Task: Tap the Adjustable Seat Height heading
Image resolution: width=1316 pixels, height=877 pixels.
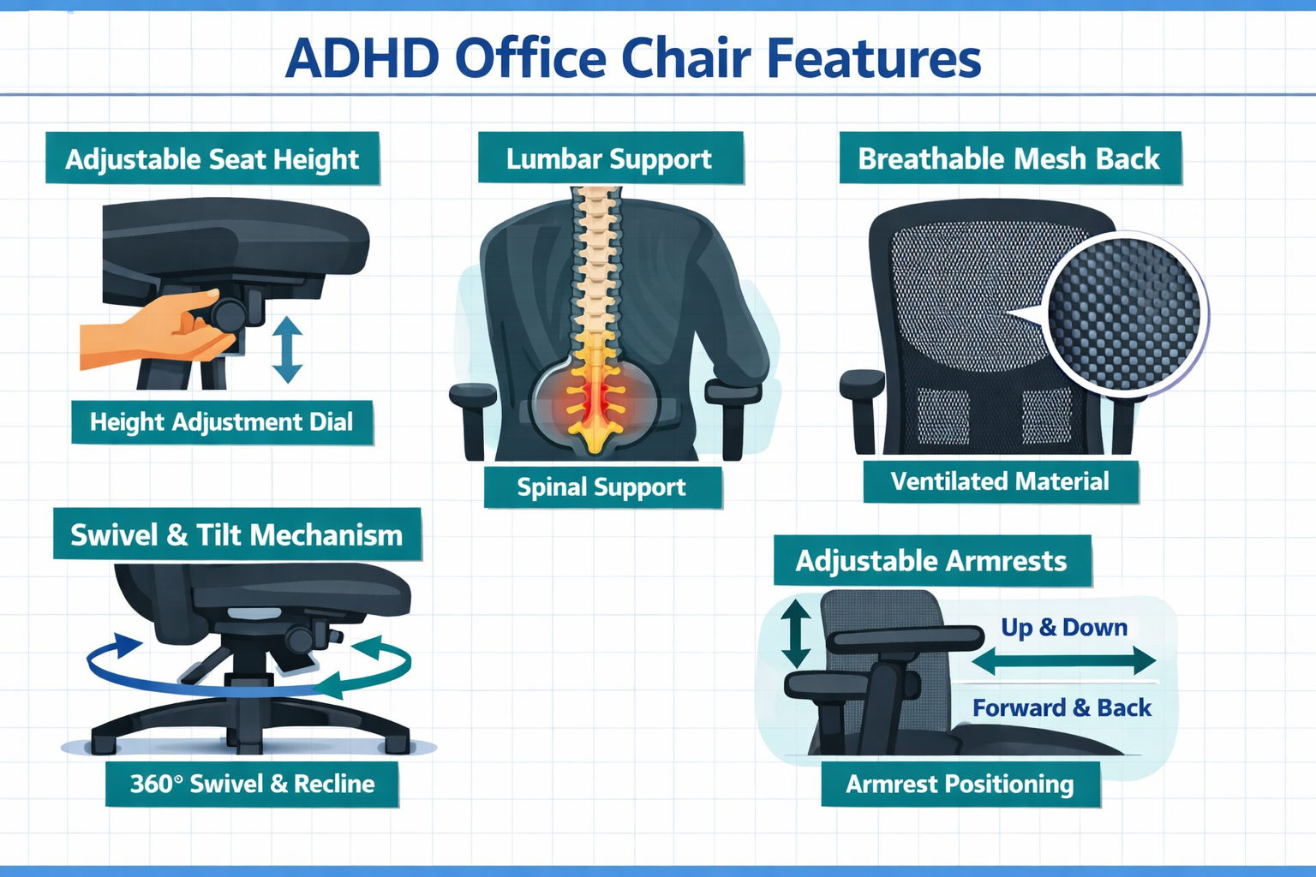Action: pos(212,158)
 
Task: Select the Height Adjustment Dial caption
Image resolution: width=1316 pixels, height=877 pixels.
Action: pos(221,421)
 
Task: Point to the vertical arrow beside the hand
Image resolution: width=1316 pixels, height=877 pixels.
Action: pos(287,349)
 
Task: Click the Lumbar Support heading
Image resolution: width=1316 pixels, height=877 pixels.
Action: pos(609,158)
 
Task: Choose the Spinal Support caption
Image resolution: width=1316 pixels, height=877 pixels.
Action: pos(601,486)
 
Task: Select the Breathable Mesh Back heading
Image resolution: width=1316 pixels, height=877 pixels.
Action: pos(1008,158)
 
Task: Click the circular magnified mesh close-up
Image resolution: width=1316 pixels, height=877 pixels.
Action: pos(1124,314)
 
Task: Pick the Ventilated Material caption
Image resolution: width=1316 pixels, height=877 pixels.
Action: pos(1000,481)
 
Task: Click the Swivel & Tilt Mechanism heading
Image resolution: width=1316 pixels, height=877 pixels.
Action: pos(236,534)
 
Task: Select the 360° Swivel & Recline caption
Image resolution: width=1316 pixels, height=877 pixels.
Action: pos(252,784)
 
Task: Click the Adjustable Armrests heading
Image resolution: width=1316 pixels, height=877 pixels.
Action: pos(931,561)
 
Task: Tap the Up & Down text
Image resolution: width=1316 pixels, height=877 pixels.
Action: pos(1064,627)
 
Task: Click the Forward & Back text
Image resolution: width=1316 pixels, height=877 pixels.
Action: pos(1062,707)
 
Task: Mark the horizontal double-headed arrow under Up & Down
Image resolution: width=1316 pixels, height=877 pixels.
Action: pos(1064,660)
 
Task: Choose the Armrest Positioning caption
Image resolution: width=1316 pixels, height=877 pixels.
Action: pos(960,784)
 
